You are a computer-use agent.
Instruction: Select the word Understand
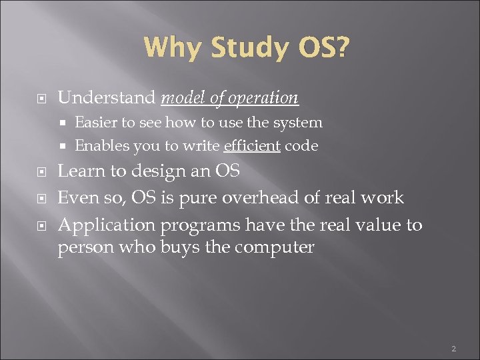[x=107, y=98]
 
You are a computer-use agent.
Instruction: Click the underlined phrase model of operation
[x=230, y=98]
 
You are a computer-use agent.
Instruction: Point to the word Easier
[x=95, y=123]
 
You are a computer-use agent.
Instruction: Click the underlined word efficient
[x=252, y=145]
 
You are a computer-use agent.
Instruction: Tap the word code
[x=301, y=145]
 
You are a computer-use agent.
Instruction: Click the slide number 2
[x=453, y=349]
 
